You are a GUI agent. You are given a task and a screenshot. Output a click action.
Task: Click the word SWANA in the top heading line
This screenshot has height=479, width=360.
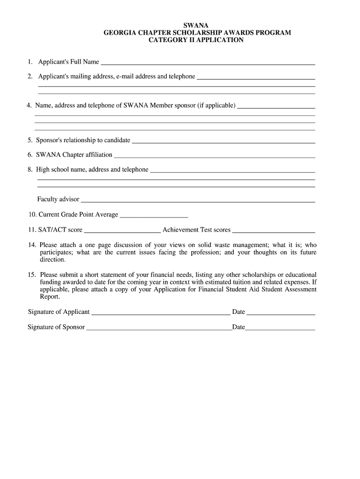pyautogui.click(x=196, y=25)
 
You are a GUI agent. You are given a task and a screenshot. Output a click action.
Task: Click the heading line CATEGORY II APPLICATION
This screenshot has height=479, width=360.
pyautogui.click(x=196, y=40)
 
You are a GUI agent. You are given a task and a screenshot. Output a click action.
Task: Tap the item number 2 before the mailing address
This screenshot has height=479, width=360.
pyautogui.click(x=30, y=76)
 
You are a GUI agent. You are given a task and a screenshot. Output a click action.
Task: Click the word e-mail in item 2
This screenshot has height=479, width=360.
pyautogui.click(x=121, y=76)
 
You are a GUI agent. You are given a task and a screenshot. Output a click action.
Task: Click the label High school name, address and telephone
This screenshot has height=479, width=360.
pyautogui.click(x=92, y=170)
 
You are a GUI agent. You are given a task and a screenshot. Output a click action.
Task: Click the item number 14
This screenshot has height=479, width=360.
pyautogui.click(x=32, y=245)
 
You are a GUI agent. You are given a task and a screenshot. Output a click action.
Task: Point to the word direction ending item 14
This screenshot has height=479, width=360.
pyautogui.click(x=52, y=259)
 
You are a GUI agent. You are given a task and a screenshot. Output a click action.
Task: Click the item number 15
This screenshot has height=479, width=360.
pyautogui.click(x=32, y=275)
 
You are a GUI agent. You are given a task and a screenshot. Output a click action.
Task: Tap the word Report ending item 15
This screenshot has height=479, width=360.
pyautogui.click(x=50, y=297)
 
